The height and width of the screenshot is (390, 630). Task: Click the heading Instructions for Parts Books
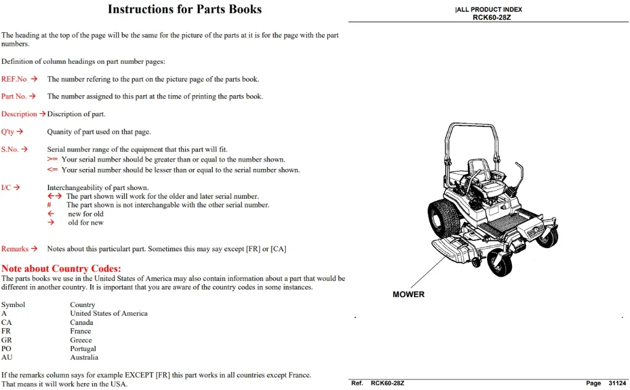pos(184,9)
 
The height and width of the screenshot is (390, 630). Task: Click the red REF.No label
pos(14,79)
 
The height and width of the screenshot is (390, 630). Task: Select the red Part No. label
pos(14,97)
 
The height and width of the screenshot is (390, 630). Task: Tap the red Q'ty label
pos(7,132)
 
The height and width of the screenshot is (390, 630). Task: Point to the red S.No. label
pos(10,150)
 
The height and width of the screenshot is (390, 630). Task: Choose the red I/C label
pos(6,188)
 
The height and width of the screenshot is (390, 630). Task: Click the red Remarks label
pos(15,249)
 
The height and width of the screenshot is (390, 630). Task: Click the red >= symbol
pos(52,160)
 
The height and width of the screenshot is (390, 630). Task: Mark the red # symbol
pos(49,205)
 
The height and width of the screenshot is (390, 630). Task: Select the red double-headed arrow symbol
pos(54,196)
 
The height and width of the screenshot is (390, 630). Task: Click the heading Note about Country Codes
pos(61,269)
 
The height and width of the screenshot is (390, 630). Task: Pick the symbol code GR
pos(6,340)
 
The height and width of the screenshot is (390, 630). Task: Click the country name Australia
pos(84,357)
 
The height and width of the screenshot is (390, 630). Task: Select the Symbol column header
pos(13,305)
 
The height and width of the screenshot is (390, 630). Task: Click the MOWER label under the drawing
pos(408,295)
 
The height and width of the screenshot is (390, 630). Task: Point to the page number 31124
pos(617,384)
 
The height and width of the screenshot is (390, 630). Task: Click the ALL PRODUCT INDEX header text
pos(489,10)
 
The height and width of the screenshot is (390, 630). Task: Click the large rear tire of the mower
pos(444,219)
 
